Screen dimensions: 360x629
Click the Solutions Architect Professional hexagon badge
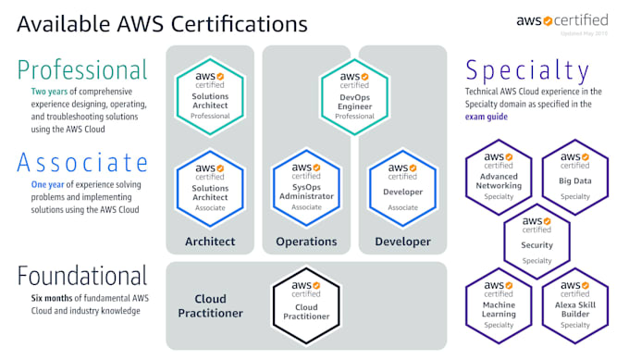pos(210,93)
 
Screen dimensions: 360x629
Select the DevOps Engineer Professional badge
pos(354,93)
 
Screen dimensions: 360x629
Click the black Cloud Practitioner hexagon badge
pos(306,302)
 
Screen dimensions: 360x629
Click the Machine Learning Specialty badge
pos(499,304)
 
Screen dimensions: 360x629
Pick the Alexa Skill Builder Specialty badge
pos(574,304)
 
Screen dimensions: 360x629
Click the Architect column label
pos(210,242)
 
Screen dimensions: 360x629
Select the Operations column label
pos(306,242)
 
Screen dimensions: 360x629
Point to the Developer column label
pos(402,242)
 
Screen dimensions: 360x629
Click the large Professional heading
pos(80,69)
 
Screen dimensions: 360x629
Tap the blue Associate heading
pos(82,163)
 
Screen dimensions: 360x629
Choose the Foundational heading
pos(80,276)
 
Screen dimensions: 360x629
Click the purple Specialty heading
pos(527,70)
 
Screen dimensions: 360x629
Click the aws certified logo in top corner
pos(575,19)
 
